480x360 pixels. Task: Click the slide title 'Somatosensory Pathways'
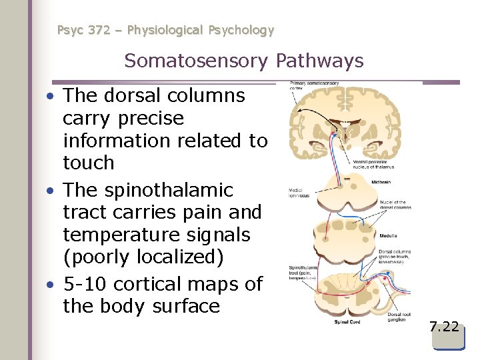click(243, 61)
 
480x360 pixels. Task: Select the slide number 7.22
click(444, 327)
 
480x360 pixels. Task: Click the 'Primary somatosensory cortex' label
click(314, 85)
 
